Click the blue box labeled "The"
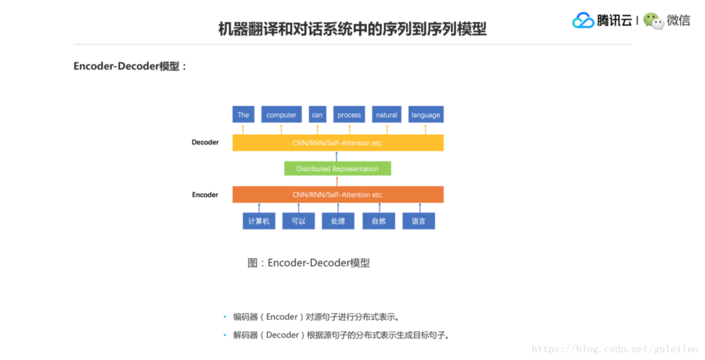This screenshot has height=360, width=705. pos(243,115)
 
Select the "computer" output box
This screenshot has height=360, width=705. pos(281,115)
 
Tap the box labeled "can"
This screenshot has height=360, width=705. pos(317,115)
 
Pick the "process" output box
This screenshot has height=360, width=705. pos(349,115)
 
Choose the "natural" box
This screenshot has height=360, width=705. pos(386,115)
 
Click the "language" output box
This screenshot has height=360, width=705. pos(425,115)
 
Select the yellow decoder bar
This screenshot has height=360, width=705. pos(337,142)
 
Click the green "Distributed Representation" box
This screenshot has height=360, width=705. pos(337,169)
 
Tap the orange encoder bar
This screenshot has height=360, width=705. pos(337,195)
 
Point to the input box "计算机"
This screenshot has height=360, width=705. pos(260,221)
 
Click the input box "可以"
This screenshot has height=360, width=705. pos(298,221)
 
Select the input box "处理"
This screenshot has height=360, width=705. pos(338,221)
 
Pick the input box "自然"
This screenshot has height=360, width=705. pos(379,221)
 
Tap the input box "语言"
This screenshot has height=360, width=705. pos(419,221)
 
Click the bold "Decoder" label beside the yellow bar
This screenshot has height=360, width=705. pos(205,142)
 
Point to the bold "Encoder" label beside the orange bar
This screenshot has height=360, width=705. pos(205,195)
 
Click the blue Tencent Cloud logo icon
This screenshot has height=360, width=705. pos(583,21)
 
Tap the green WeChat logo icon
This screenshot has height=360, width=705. pos(653,21)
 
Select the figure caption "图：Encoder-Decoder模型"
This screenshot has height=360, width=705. pos(308,263)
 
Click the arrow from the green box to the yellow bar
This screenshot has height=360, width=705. pos(337,156)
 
